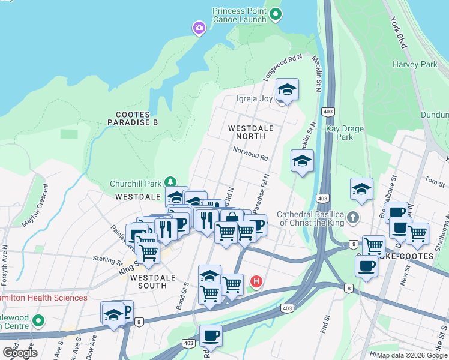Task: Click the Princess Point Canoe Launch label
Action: tap(239, 15)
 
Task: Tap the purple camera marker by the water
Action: tap(199, 28)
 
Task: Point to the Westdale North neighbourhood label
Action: tap(251, 133)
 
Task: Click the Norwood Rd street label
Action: tap(250, 155)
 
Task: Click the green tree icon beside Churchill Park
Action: tap(171, 182)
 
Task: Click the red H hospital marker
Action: tap(256, 281)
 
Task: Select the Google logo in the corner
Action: tap(20, 352)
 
